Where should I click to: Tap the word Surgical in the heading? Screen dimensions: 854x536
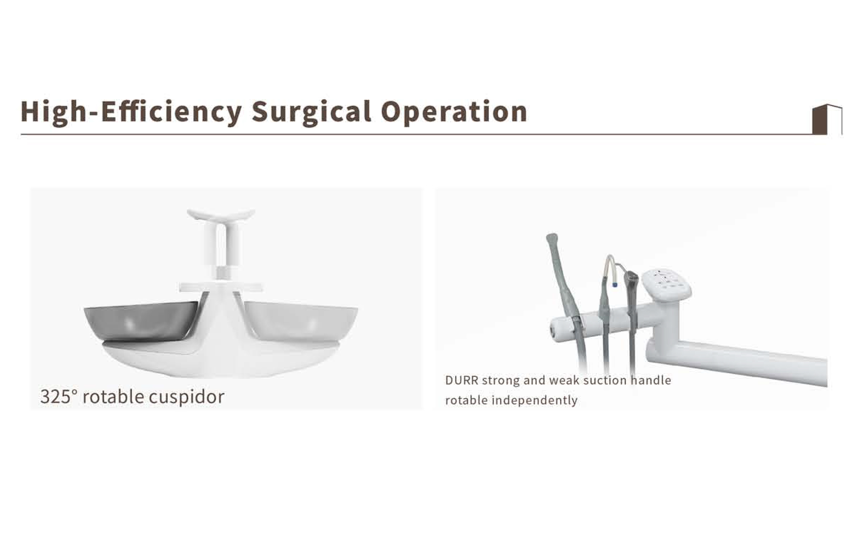click(x=311, y=112)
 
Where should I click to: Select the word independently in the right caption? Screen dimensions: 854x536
click(x=534, y=401)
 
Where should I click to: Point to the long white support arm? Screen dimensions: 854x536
click(x=738, y=358)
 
